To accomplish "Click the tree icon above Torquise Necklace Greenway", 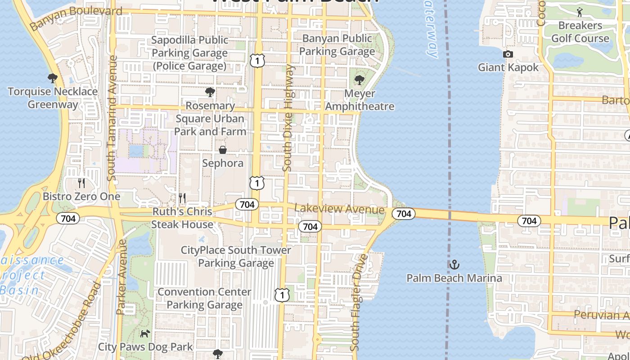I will click(52, 78).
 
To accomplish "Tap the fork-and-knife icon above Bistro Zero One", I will click(81, 183).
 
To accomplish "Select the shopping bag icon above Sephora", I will click(223, 150).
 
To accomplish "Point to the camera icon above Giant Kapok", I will click(508, 54).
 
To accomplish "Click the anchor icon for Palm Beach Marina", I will click(454, 264).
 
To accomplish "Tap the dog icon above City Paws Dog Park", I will click(145, 333).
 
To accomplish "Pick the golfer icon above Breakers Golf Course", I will click(580, 12).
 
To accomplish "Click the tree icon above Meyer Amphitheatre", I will click(359, 80).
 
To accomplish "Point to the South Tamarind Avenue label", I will click(112, 118).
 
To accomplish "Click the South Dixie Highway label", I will click(288, 118).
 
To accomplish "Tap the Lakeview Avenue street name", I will click(339, 209).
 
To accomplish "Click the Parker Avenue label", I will click(121, 276).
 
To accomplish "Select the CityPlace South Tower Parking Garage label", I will click(236, 256).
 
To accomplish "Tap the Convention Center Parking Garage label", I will click(204, 298).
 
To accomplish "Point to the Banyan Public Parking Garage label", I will click(337, 45).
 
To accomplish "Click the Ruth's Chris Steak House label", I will click(182, 218).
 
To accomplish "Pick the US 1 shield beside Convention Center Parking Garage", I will click(282, 295).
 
